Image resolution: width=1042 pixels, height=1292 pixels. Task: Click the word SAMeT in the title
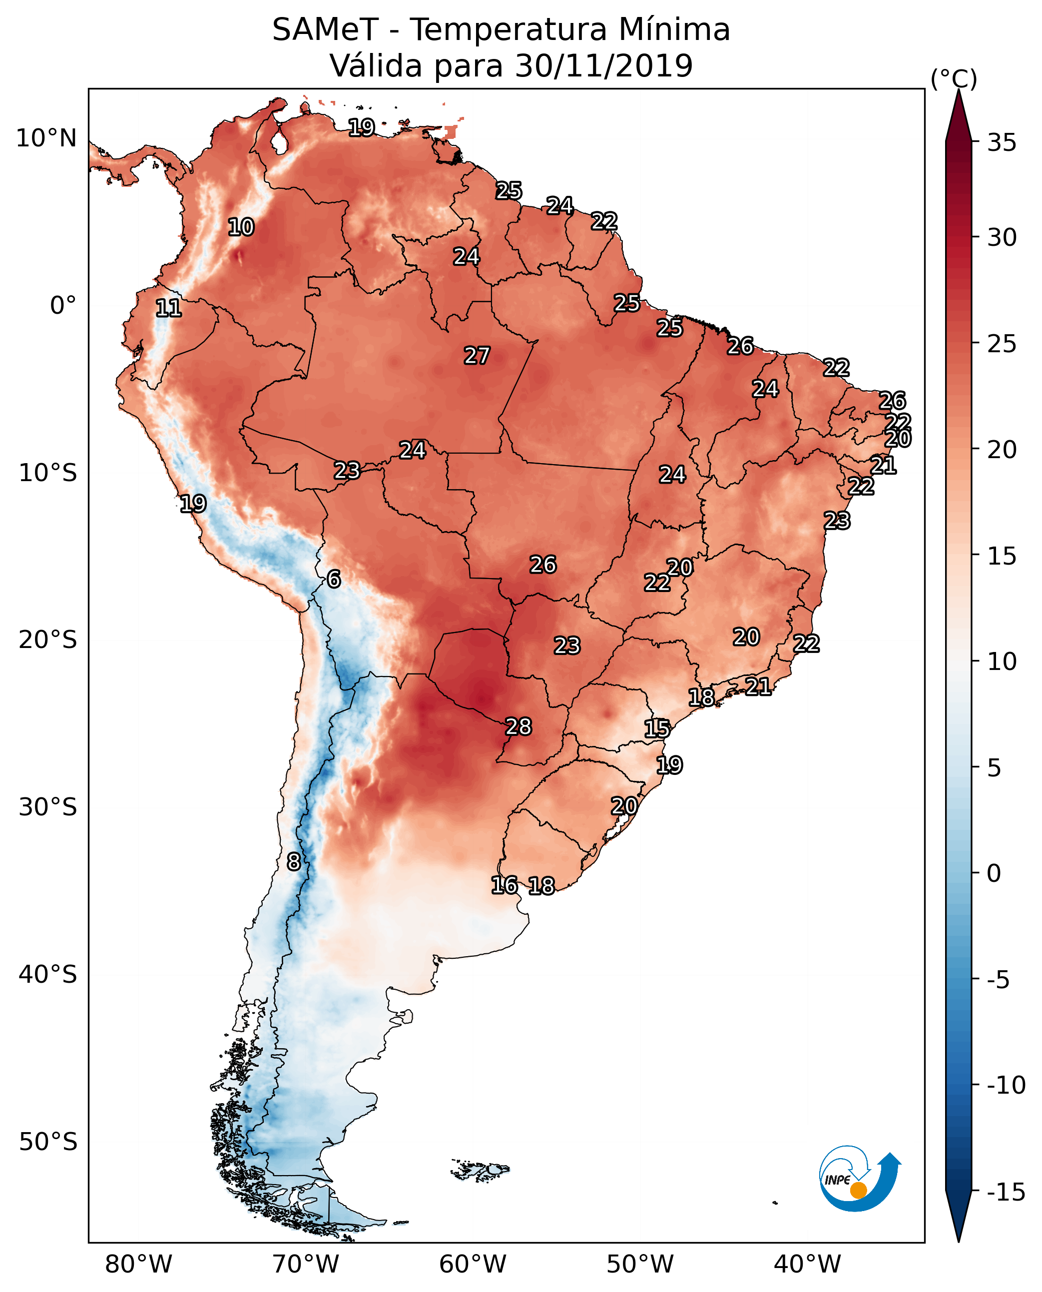(325, 30)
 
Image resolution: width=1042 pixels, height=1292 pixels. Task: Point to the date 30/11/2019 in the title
(604, 65)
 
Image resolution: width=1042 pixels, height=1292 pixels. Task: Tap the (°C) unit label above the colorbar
(954, 79)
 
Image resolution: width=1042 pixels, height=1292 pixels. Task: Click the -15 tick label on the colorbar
(1006, 1193)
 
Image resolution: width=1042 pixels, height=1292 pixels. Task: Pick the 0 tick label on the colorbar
(994, 873)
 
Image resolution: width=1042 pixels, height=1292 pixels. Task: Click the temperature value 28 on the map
(519, 726)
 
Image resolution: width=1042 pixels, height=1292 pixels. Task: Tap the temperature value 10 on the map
(241, 227)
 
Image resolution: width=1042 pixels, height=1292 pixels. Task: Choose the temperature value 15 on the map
(657, 728)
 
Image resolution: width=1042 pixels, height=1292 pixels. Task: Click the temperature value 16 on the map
(504, 884)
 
